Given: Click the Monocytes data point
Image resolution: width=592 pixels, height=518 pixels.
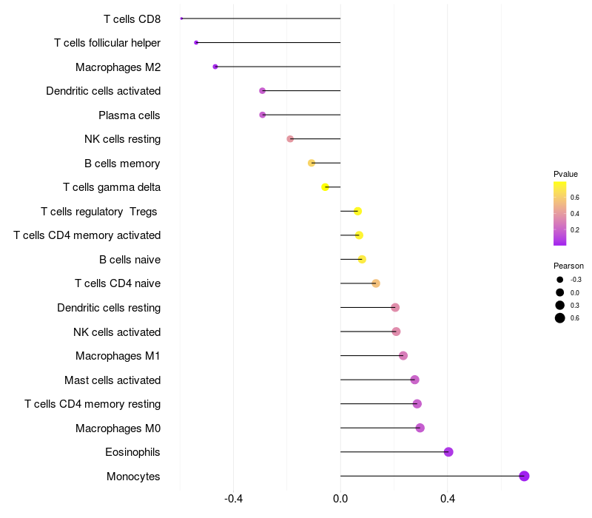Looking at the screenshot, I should [x=524, y=476].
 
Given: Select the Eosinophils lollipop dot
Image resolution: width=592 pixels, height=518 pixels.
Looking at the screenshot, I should [x=448, y=452].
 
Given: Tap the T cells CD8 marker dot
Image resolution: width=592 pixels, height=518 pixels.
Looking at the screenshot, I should [x=181, y=18].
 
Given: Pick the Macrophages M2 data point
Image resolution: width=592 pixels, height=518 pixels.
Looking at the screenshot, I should [x=215, y=67].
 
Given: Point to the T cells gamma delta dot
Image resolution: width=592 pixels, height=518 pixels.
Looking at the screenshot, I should [x=325, y=187].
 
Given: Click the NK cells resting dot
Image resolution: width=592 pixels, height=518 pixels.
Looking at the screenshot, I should [x=290, y=139].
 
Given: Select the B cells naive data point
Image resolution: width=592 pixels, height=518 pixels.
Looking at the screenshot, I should [x=362, y=259].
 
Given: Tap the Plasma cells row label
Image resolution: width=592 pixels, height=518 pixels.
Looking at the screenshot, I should [x=129, y=115].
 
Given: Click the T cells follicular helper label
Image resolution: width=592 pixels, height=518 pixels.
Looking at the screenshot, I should [x=107, y=43].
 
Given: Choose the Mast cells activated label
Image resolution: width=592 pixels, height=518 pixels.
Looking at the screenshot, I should [x=112, y=380].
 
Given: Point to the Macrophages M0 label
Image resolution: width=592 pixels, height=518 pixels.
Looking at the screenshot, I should [x=118, y=428].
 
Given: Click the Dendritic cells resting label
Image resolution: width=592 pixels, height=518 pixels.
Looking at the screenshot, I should [x=109, y=308].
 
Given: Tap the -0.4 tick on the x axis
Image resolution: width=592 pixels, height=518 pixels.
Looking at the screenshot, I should [x=234, y=499].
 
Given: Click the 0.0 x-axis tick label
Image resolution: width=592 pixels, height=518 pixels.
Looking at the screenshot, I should [x=340, y=499].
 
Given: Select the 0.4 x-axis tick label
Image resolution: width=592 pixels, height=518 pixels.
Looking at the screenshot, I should [x=447, y=499].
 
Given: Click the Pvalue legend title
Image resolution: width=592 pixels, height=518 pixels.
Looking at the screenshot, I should [x=565, y=174].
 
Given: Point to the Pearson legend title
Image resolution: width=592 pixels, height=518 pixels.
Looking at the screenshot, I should [x=568, y=266].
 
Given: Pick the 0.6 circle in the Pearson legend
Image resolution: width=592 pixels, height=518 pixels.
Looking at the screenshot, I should [x=560, y=318].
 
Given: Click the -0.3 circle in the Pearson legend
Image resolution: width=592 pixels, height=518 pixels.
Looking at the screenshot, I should [x=560, y=280].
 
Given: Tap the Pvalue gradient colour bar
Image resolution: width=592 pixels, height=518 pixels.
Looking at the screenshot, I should [x=560, y=213].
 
